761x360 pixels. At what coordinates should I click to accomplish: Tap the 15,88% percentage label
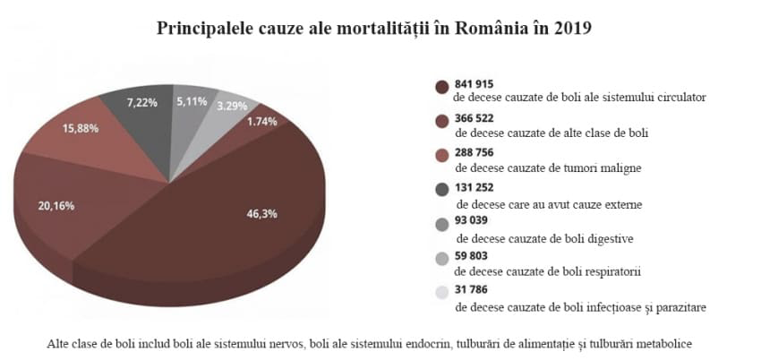click(x=81, y=128)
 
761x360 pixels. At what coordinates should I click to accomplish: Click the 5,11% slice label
click(x=192, y=102)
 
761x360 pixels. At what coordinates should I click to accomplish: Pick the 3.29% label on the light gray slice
click(x=235, y=105)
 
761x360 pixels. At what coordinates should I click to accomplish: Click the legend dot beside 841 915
click(x=441, y=87)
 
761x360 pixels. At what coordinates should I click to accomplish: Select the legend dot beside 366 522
click(x=441, y=124)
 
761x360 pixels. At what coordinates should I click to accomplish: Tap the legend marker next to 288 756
click(x=441, y=158)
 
